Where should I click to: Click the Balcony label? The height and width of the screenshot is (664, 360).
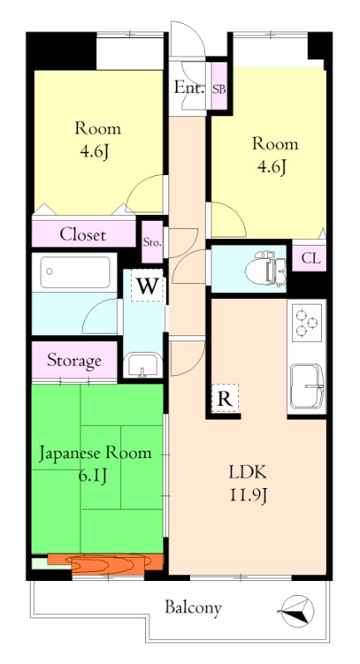(193, 608)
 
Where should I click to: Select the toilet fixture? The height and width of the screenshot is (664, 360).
(265, 269)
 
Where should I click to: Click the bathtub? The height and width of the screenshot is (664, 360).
(75, 272)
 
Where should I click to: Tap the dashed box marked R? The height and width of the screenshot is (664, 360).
(225, 398)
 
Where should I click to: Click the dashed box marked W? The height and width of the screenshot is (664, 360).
(147, 286)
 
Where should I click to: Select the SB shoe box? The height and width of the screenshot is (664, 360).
(219, 89)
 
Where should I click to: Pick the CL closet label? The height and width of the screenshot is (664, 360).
(311, 258)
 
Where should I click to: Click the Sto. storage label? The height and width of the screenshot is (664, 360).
(152, 242)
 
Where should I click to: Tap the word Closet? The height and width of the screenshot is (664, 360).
(83, 234)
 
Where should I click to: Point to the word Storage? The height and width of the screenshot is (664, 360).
(74, 360)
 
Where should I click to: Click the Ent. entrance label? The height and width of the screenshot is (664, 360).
(189, 88)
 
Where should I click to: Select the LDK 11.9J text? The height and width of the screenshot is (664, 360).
(248, 483)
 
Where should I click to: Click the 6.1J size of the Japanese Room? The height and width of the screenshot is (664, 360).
(91, 476)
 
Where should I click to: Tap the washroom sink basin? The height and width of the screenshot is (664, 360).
(144, 364)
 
